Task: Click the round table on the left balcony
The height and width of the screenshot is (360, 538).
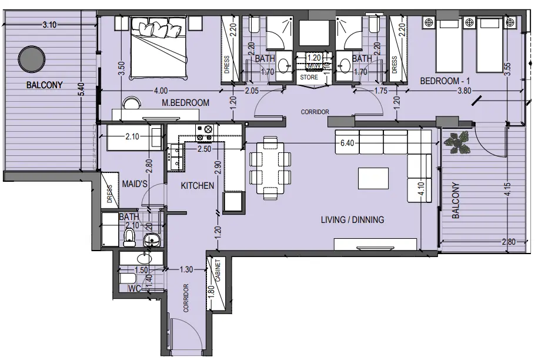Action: [31, 59]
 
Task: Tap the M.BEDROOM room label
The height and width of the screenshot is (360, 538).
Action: [186, 103]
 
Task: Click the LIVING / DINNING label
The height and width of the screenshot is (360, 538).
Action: [352, 220]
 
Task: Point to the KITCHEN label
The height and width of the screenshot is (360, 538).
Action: [197, 186]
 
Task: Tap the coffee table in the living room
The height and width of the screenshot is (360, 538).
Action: [373, 177]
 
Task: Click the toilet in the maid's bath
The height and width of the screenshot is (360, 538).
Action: [130, 238]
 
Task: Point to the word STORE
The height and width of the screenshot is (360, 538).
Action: [309, 77]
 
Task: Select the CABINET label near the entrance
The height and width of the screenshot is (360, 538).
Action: [218, 272]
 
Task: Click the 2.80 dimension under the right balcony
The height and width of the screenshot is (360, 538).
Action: [510, 242]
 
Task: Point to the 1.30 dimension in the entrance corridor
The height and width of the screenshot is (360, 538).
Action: [186, 269]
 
